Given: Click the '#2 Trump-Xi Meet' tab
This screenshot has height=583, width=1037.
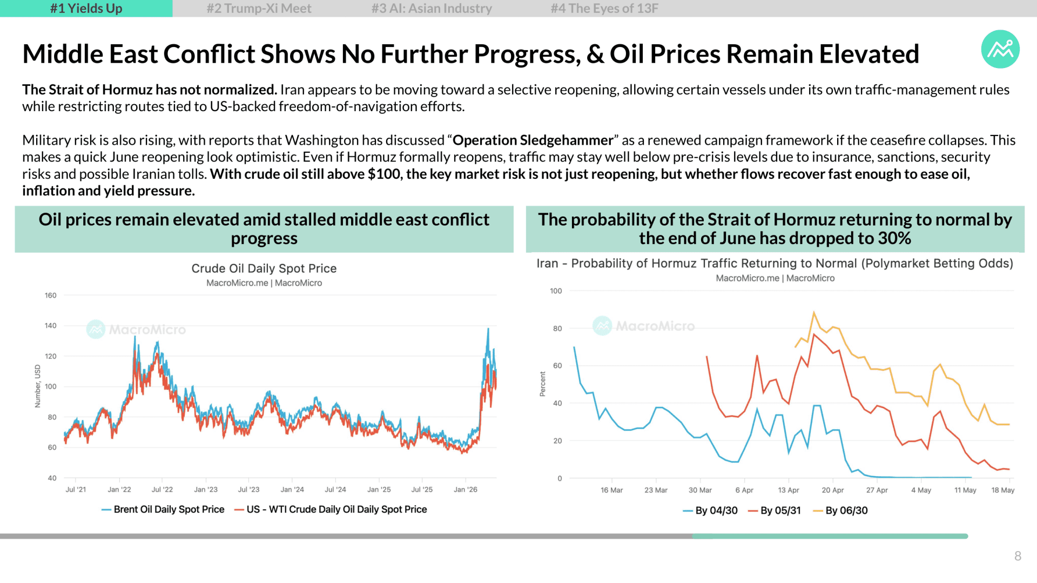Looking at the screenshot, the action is pos(259,9).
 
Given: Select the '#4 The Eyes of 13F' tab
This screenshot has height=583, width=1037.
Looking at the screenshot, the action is pos(604,9).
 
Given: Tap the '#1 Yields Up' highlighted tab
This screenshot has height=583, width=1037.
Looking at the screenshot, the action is pos(86,9).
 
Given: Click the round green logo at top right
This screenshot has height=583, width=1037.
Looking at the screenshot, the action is pos(1000,49).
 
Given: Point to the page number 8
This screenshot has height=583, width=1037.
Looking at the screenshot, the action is pos(1018,556).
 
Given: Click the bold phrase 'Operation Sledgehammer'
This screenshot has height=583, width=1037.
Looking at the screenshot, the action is pos(533,140).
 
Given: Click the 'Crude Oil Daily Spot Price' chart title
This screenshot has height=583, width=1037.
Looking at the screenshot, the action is pos(264,268).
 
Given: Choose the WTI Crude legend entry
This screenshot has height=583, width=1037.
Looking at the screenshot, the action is pos(331,510).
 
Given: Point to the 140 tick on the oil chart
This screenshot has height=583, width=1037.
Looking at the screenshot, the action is pos(50,326).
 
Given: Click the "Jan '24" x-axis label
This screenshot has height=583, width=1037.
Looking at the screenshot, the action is pos(292,490).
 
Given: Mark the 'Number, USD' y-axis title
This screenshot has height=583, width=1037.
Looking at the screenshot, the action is pos(37,386).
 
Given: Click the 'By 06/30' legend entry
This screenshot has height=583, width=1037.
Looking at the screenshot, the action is pos(840,511).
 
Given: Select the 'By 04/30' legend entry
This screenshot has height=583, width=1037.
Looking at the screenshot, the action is pos(710,511).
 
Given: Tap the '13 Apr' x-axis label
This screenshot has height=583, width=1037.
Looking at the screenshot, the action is pos(789,490).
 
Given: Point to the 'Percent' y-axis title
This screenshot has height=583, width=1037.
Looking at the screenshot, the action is pos(543,384).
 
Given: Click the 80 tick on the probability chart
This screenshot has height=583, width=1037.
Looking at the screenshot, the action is pos(557,328).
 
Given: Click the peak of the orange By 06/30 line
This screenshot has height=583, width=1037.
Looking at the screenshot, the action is pos(814,312).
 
